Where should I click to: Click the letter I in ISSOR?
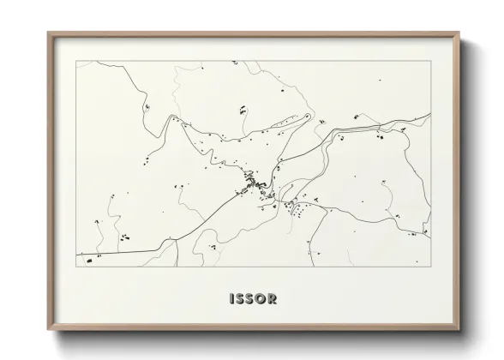point(231,300)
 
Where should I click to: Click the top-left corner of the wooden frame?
point(48,33)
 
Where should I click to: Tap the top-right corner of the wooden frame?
point(459,33)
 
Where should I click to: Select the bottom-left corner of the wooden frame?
point(48,332)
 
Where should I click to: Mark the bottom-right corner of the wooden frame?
point(459,332)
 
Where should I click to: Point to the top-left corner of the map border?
point(77,62)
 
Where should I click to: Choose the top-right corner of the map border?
point(430,62)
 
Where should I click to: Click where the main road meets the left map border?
point(78,254)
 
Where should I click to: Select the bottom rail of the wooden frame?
point(253,330)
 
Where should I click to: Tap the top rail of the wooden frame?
point(253,34)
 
